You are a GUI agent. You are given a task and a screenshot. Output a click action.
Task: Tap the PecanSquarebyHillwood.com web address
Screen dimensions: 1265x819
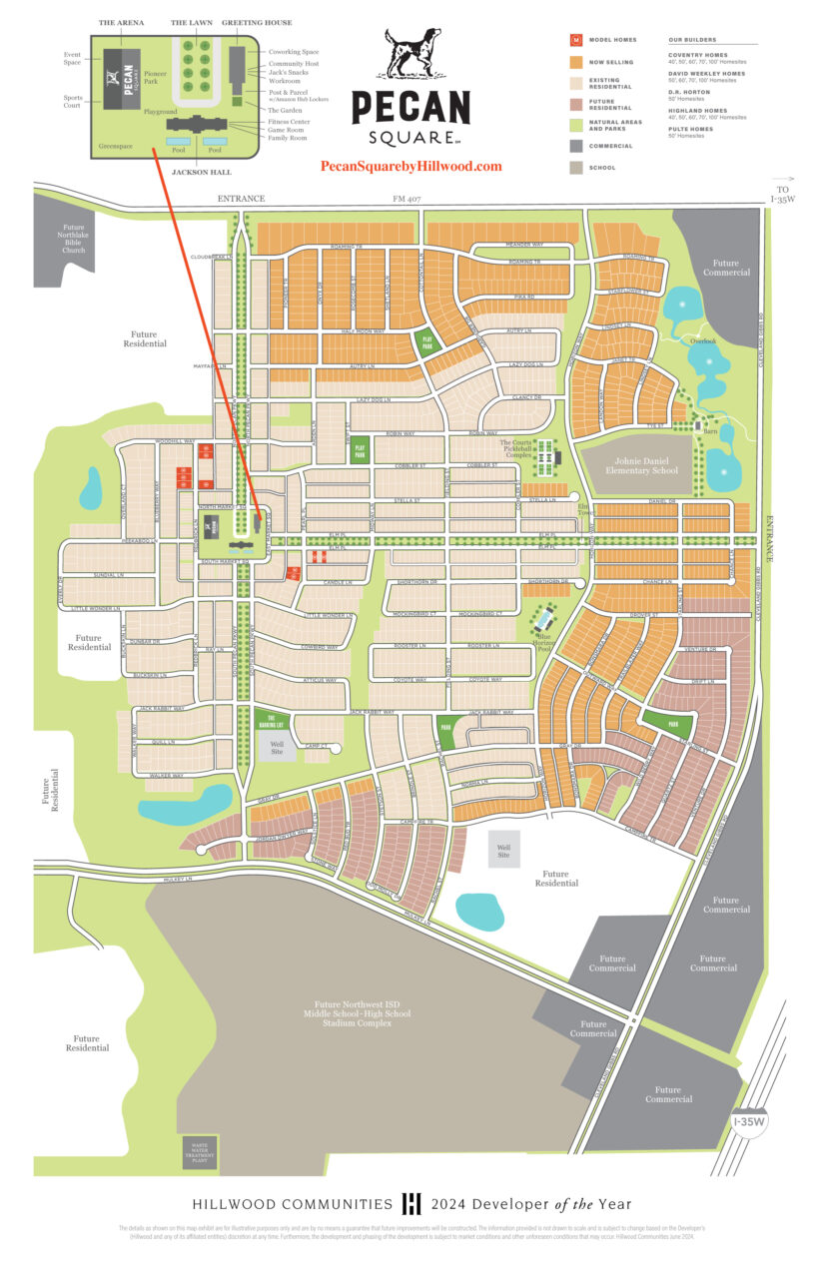point(410,167)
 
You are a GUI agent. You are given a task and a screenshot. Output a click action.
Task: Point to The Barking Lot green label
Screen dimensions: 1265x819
point(267,721)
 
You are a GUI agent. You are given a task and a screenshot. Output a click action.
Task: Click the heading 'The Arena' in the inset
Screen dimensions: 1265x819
point(121,22)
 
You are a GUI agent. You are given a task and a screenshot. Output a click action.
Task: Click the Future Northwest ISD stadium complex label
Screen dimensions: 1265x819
point(362,1013)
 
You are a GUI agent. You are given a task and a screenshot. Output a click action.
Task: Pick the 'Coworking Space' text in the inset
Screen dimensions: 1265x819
point(294,52)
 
